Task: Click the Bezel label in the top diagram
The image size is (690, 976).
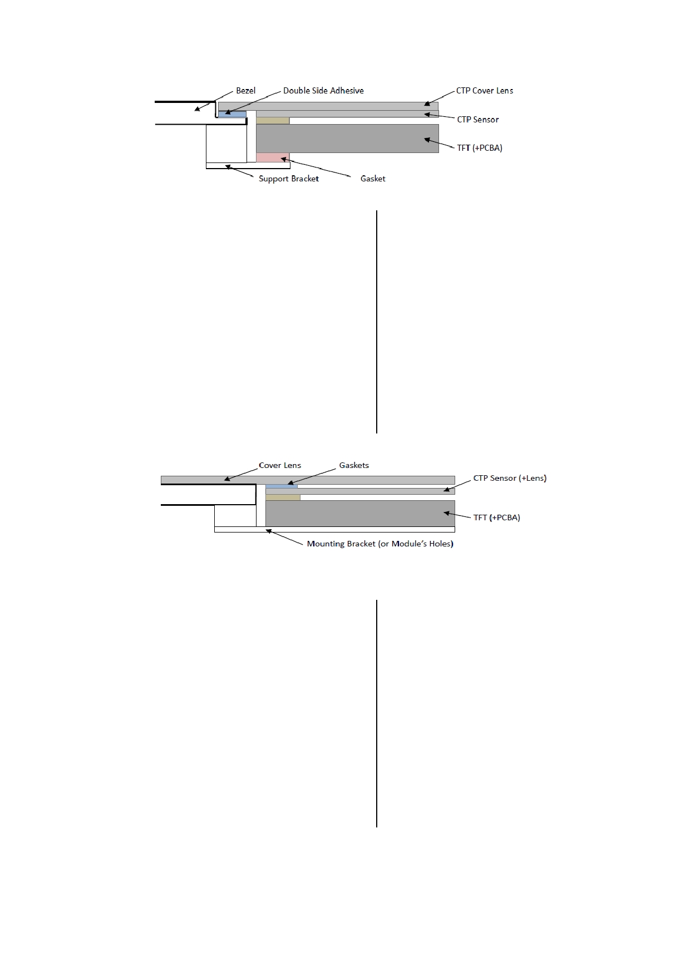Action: (x=245, y=91)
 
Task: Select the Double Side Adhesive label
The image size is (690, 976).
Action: (x=323, y=91)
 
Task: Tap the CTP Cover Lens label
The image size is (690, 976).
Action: (x=485, y=91)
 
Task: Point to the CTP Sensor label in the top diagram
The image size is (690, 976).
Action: (x=478, y=120)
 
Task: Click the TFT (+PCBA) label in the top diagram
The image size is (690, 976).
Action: (x=480, y=148)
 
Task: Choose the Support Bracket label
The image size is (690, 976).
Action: (x=289, y=179)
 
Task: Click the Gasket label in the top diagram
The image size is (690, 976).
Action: (x=373, y=179)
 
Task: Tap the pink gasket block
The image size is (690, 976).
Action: (x=273, y=157)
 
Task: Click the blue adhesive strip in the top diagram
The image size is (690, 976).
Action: (x=232, y=115)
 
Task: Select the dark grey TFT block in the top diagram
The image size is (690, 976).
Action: (x=347, y=139)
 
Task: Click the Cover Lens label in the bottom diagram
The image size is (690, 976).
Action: (x=280, y=465)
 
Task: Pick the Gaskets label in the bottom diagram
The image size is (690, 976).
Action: (x=354, y=465)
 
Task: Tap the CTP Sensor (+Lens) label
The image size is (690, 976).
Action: (x=510, y=478)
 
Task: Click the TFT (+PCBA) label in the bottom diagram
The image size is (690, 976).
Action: (x=496, y=517)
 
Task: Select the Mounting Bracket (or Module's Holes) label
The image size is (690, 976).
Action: (x=380, y=544)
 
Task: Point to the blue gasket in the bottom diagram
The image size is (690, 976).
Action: (x=282, y=486)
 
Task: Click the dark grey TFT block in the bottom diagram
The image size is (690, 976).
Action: (x=360, y=513)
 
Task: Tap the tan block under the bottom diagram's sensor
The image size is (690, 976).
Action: (x=283, y=497)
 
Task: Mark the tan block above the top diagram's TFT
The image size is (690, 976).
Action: (x=273, y=121)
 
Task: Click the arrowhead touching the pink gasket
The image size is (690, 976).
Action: (x=284, y=160)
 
